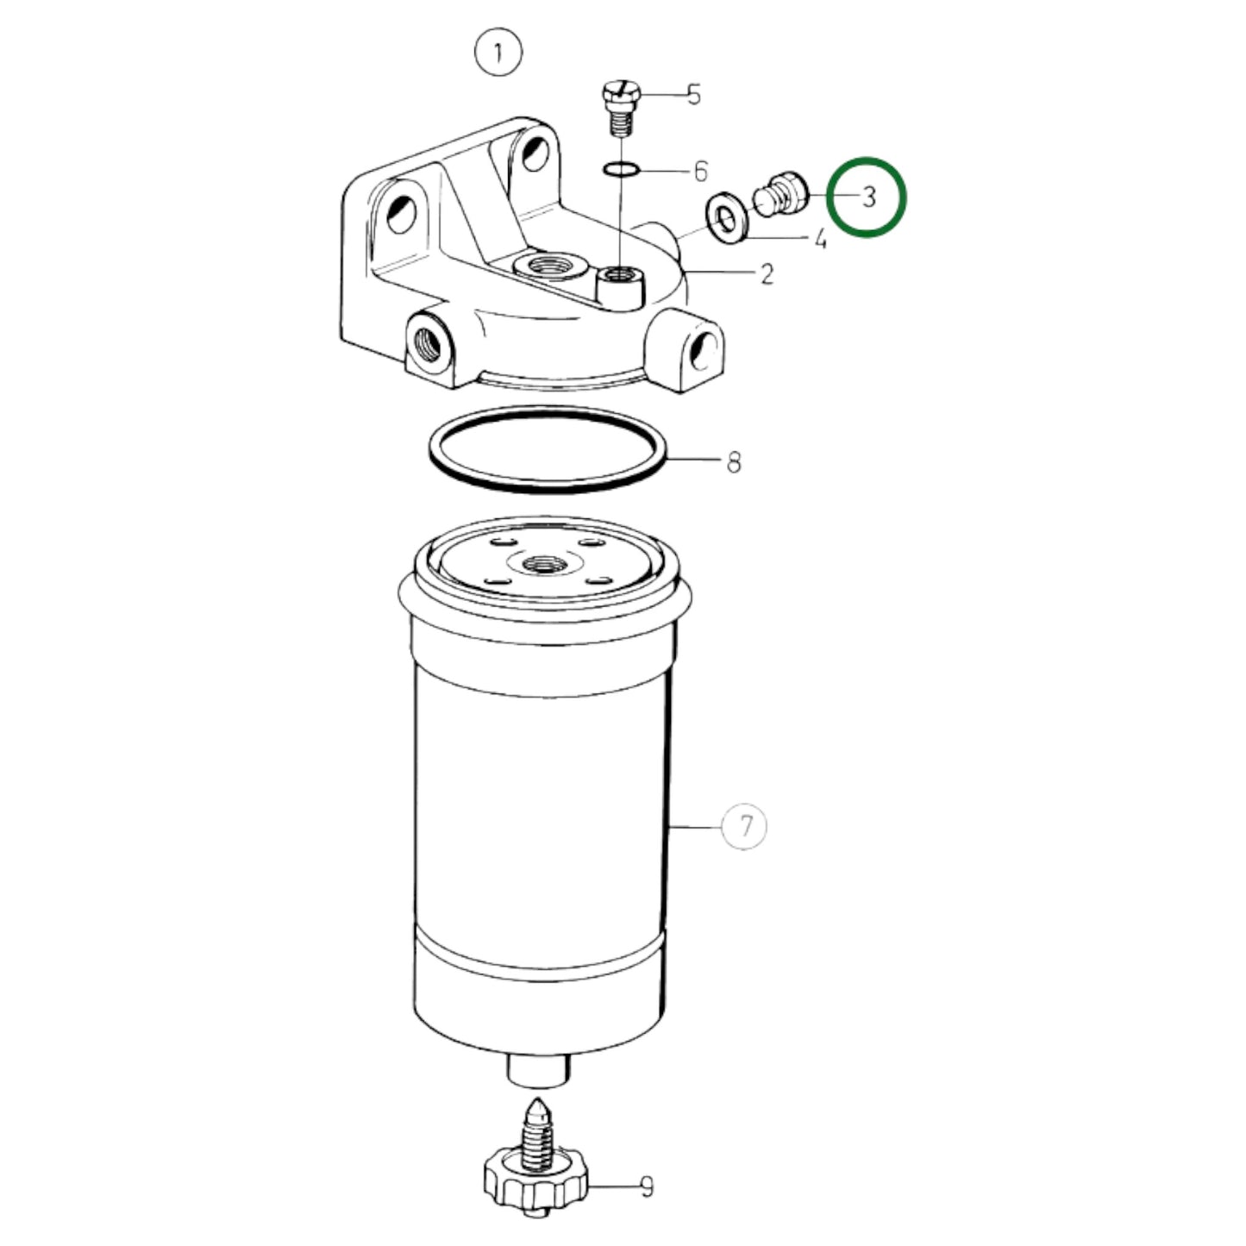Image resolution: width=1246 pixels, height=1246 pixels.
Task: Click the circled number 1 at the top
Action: [x=498, y=53]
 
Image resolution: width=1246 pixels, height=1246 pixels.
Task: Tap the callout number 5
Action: [x=693, y=94]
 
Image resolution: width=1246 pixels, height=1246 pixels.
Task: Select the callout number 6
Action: [x=701, y=172]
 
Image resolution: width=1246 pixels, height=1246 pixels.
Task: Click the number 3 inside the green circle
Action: [x=868, y=197]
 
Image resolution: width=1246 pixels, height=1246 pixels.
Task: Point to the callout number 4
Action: [x=820, y=239]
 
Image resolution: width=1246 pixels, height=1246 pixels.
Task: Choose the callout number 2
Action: [x=767, y=274]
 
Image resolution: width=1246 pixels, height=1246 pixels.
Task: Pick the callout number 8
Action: [x=733, y=462]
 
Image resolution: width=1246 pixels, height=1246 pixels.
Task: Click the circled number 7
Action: [x=746, y=826]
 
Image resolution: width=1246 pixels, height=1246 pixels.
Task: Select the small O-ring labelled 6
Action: [x=622, y=169]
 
